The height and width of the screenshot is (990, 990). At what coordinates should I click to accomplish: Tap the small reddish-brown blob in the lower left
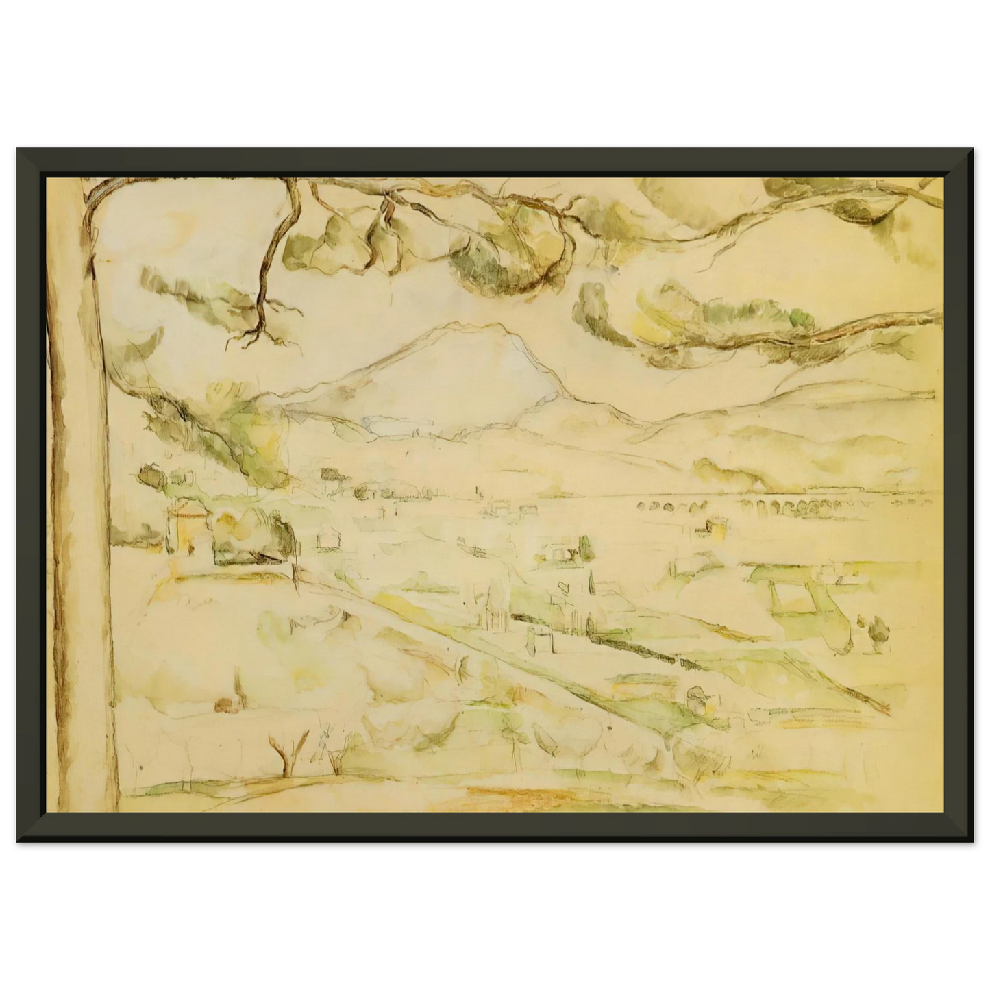click(x=221, y=705)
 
